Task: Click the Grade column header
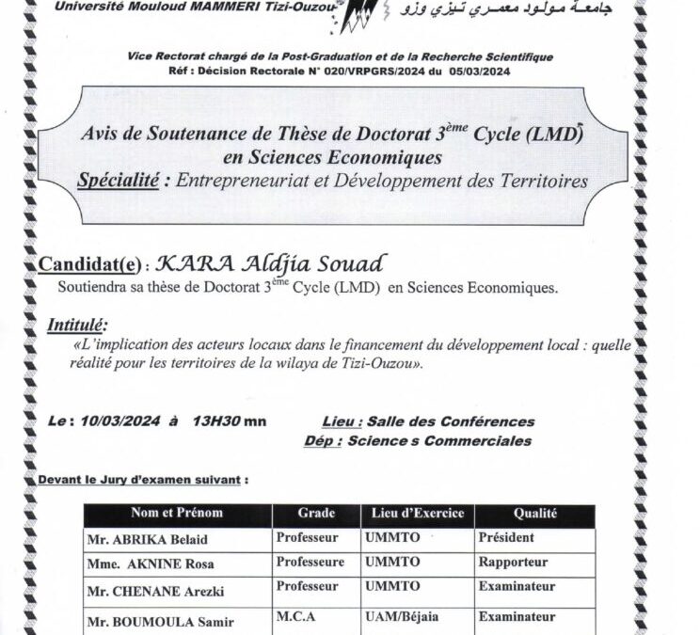click(x=316, y=514)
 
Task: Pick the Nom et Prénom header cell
click(x=177, y=514)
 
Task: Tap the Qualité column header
click(x=534, y=514)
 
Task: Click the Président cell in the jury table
click(x=507, y=538)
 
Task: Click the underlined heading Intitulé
click(x=77, y=325)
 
